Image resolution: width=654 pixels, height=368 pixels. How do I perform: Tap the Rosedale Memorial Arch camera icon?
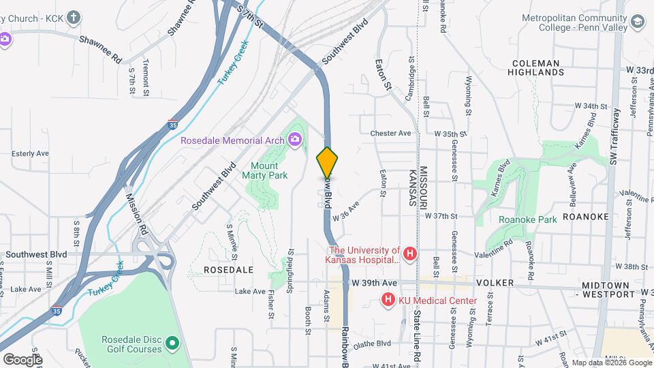click(295, 140)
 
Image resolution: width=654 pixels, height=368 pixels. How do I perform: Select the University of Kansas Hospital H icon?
click(409, 255)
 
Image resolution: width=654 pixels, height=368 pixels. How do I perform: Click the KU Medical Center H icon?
click(388, 300)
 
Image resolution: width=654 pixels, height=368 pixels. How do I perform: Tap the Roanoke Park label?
click(528, 219)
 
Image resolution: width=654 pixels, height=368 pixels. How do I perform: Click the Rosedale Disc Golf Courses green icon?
click(171, 343)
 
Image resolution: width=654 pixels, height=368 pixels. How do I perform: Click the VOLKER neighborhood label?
click(494, 282)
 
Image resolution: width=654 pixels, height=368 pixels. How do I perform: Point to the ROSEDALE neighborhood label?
click(228, 270)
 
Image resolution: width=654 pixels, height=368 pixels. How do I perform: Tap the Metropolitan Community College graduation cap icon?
click(637, 23)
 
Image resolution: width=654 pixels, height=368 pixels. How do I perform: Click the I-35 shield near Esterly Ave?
click(173, 125)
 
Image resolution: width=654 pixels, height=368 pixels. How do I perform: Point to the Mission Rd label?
click(137, 214)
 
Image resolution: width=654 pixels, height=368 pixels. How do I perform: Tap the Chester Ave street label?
click(391, 134)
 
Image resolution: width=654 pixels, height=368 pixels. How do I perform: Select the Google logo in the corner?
click(22, 359)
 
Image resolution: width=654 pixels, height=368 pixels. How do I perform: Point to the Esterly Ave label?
click(30, 154)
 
